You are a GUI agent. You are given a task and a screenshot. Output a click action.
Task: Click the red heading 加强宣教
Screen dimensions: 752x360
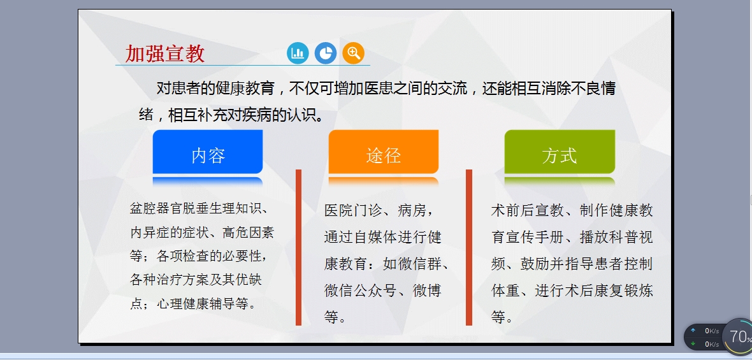[x=165, y=54]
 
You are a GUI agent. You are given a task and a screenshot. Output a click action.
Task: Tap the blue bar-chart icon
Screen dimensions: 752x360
[x=298, y=53]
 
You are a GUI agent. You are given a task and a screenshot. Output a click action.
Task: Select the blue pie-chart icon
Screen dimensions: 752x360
[x=326, y=53]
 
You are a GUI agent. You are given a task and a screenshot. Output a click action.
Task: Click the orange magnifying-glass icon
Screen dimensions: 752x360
[x=354, y=53]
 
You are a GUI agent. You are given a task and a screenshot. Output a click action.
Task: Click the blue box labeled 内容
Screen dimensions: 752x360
[x=208, y=152]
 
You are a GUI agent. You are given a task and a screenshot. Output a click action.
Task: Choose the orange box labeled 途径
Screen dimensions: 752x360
[x=384, y=152]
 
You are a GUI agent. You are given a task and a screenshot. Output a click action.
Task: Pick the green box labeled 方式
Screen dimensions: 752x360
[x=560, y=152]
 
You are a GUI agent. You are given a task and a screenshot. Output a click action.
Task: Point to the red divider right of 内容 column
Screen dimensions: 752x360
[x=298, y=247]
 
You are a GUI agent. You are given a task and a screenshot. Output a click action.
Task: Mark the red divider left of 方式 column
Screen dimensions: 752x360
[x=469, y=247]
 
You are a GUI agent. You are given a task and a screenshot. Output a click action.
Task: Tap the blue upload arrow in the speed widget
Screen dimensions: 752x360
[x=693, y=331]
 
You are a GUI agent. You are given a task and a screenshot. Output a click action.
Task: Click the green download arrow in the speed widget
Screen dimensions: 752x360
[x=693, y=344]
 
